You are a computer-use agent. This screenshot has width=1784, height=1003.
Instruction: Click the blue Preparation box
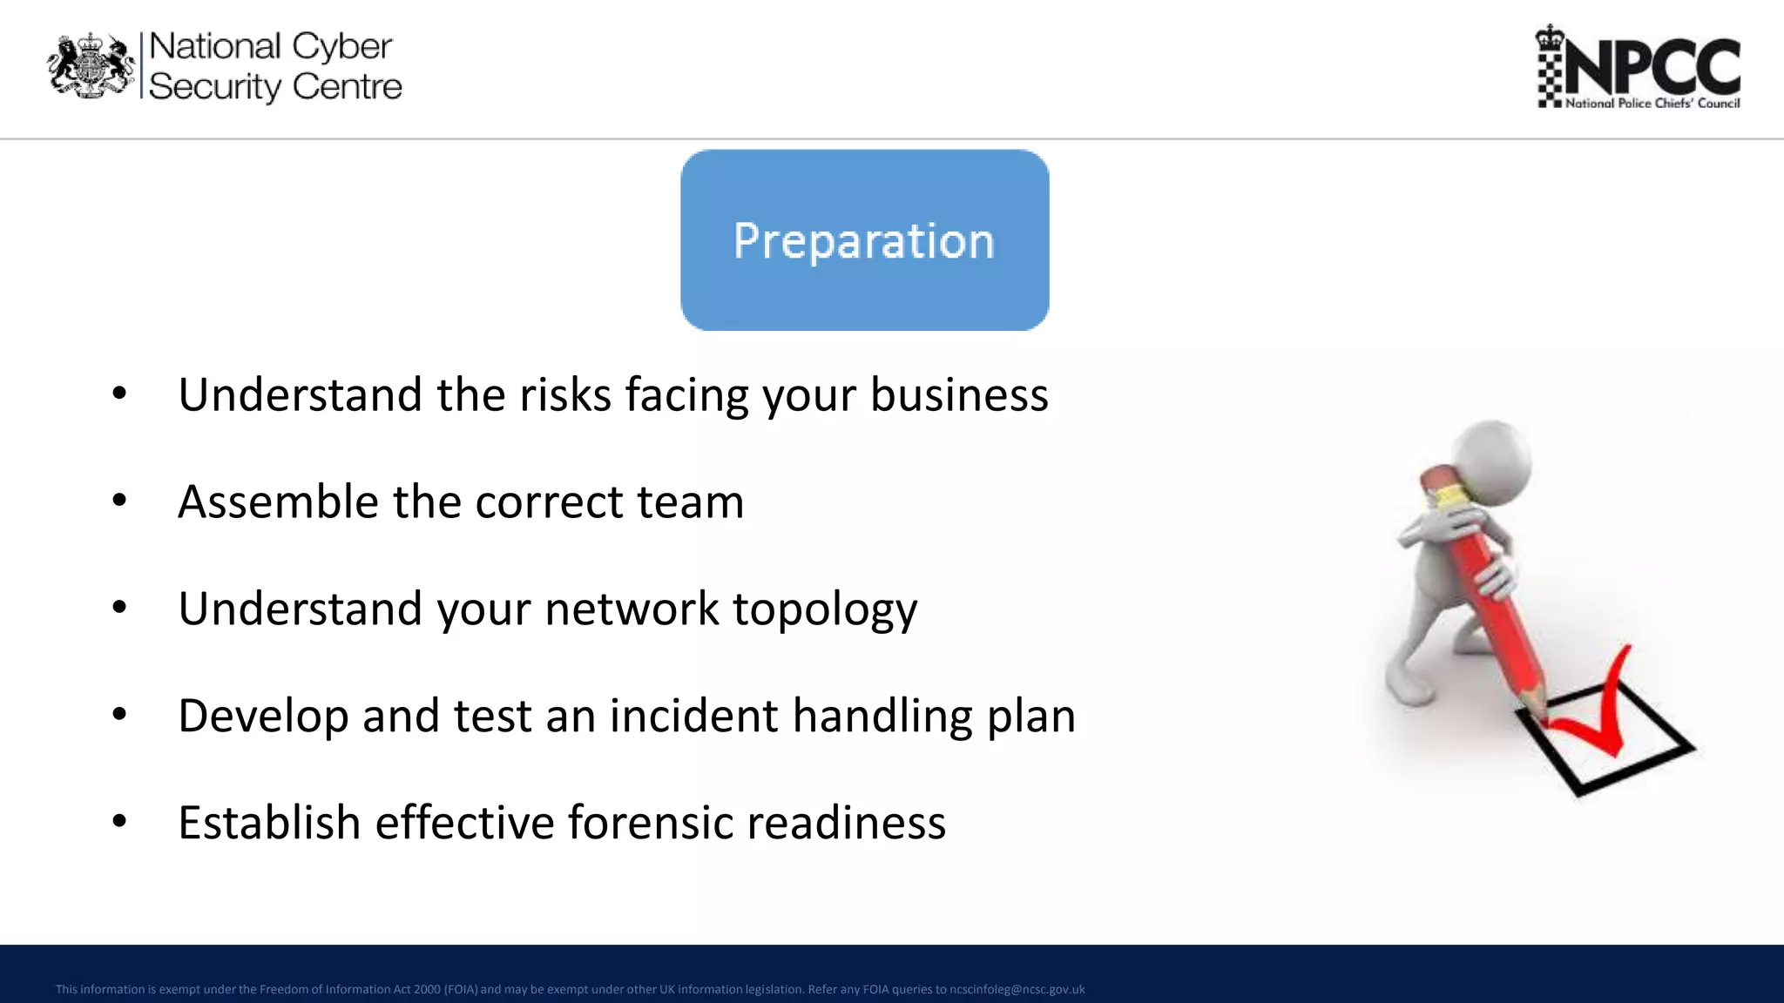864,240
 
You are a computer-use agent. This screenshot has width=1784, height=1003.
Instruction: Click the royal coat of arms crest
91,66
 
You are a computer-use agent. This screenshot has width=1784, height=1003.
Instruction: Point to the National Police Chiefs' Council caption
1652,104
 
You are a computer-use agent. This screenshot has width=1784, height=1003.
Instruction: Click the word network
631,609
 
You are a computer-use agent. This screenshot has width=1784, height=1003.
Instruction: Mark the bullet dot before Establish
119,821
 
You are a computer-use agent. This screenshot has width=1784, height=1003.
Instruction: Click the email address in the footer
1017,989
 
